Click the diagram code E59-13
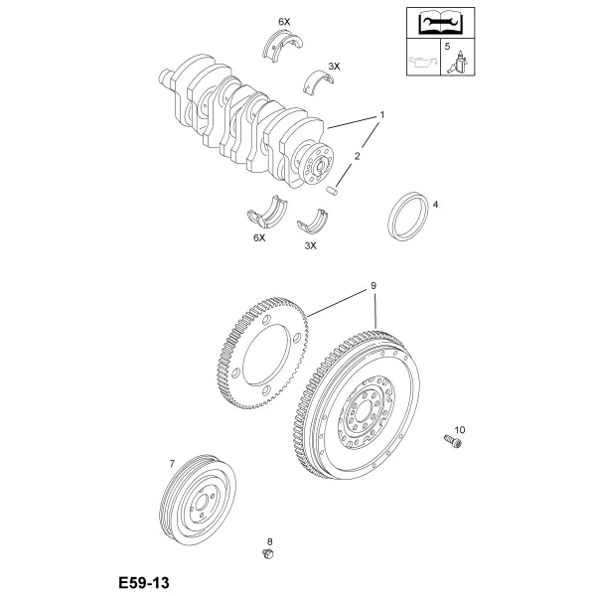144,582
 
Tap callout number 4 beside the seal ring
436,205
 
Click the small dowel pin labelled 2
332,190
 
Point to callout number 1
382,114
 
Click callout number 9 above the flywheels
373,285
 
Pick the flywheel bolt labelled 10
453,442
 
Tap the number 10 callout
460,430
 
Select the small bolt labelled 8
268,554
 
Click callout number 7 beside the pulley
172,464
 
